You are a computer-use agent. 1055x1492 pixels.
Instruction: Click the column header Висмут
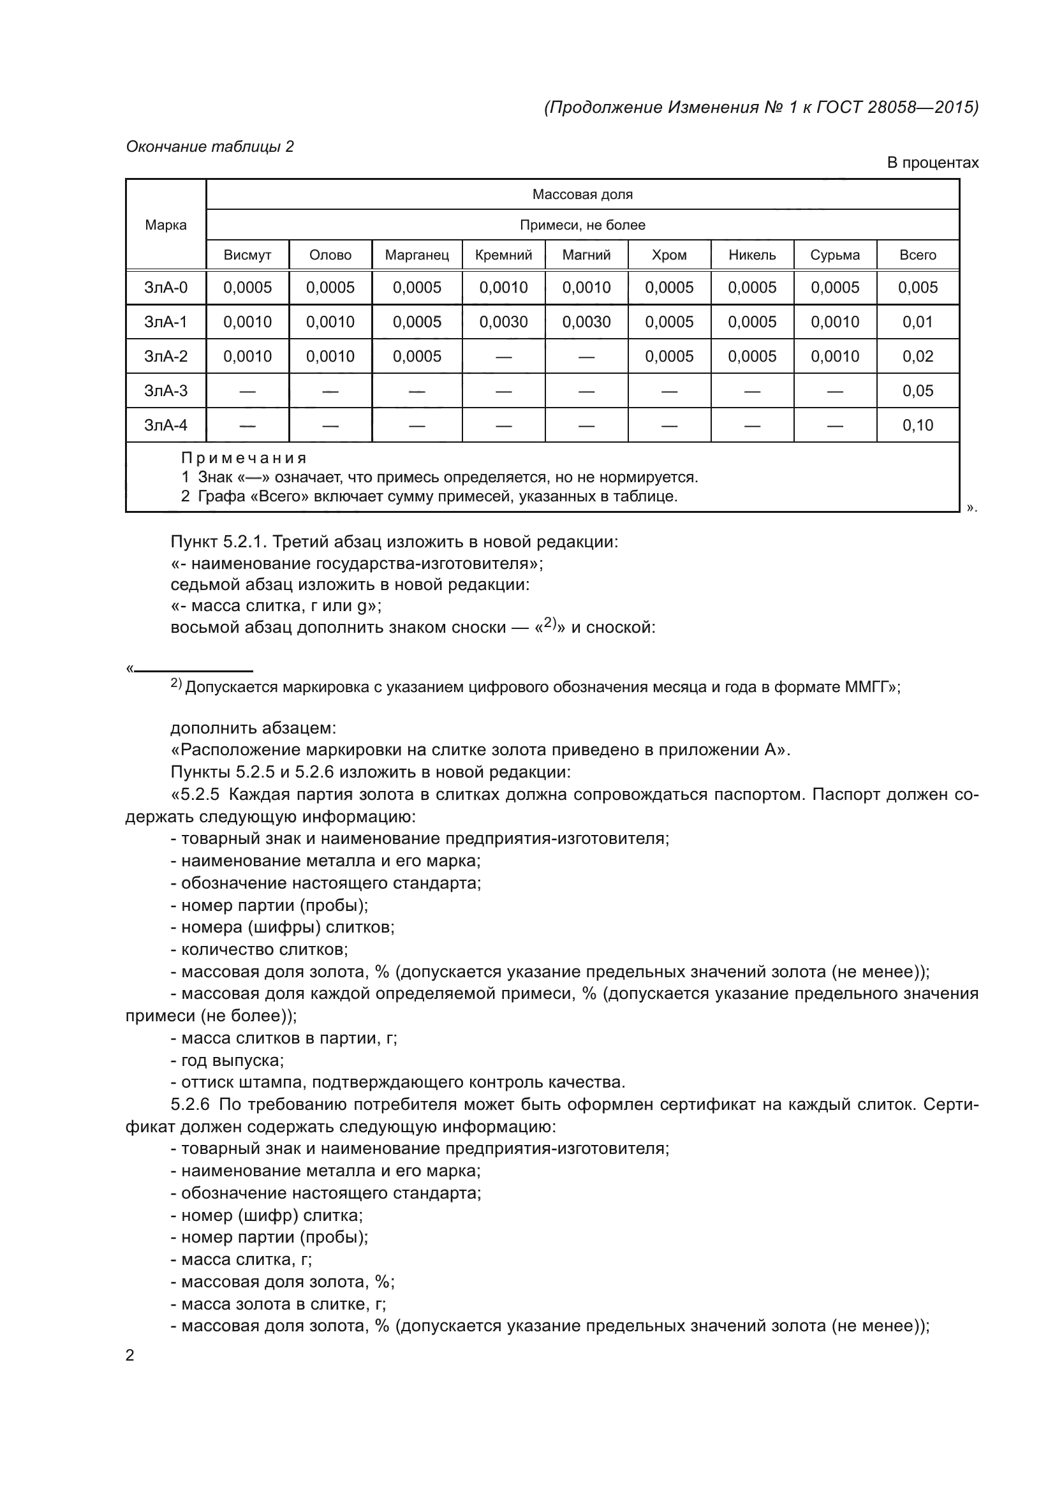tap(247, 255)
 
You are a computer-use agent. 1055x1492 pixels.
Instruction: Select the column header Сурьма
tap(835, 255)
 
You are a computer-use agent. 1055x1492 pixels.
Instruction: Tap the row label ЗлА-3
tap(166, 390)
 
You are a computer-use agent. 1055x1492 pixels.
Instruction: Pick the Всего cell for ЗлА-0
tap(917, 287)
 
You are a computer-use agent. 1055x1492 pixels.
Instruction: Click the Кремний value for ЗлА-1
tap(503, 321)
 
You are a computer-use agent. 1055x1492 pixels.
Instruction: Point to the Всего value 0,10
tap(917, 425)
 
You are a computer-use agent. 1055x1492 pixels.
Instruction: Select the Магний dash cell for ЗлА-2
tap(586, 357)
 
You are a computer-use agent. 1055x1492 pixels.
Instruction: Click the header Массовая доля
tap(582, 195)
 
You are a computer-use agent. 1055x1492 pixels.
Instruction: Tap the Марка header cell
tap(166, 225)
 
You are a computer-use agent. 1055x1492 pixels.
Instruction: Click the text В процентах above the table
tap(933, 163)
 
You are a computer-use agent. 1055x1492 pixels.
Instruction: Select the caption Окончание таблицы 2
tap(209, 147)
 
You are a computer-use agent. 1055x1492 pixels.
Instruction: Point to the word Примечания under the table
tap(244, 458)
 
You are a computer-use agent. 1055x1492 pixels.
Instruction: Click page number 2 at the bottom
tap(130, 1355)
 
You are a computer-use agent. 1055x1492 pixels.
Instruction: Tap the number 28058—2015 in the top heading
tap(922, 107)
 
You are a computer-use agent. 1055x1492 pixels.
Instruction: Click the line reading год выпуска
tap(232, 1060)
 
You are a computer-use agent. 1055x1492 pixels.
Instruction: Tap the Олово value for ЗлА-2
tap(330, 356)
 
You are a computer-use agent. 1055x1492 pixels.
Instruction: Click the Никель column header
tap(751, 255)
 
